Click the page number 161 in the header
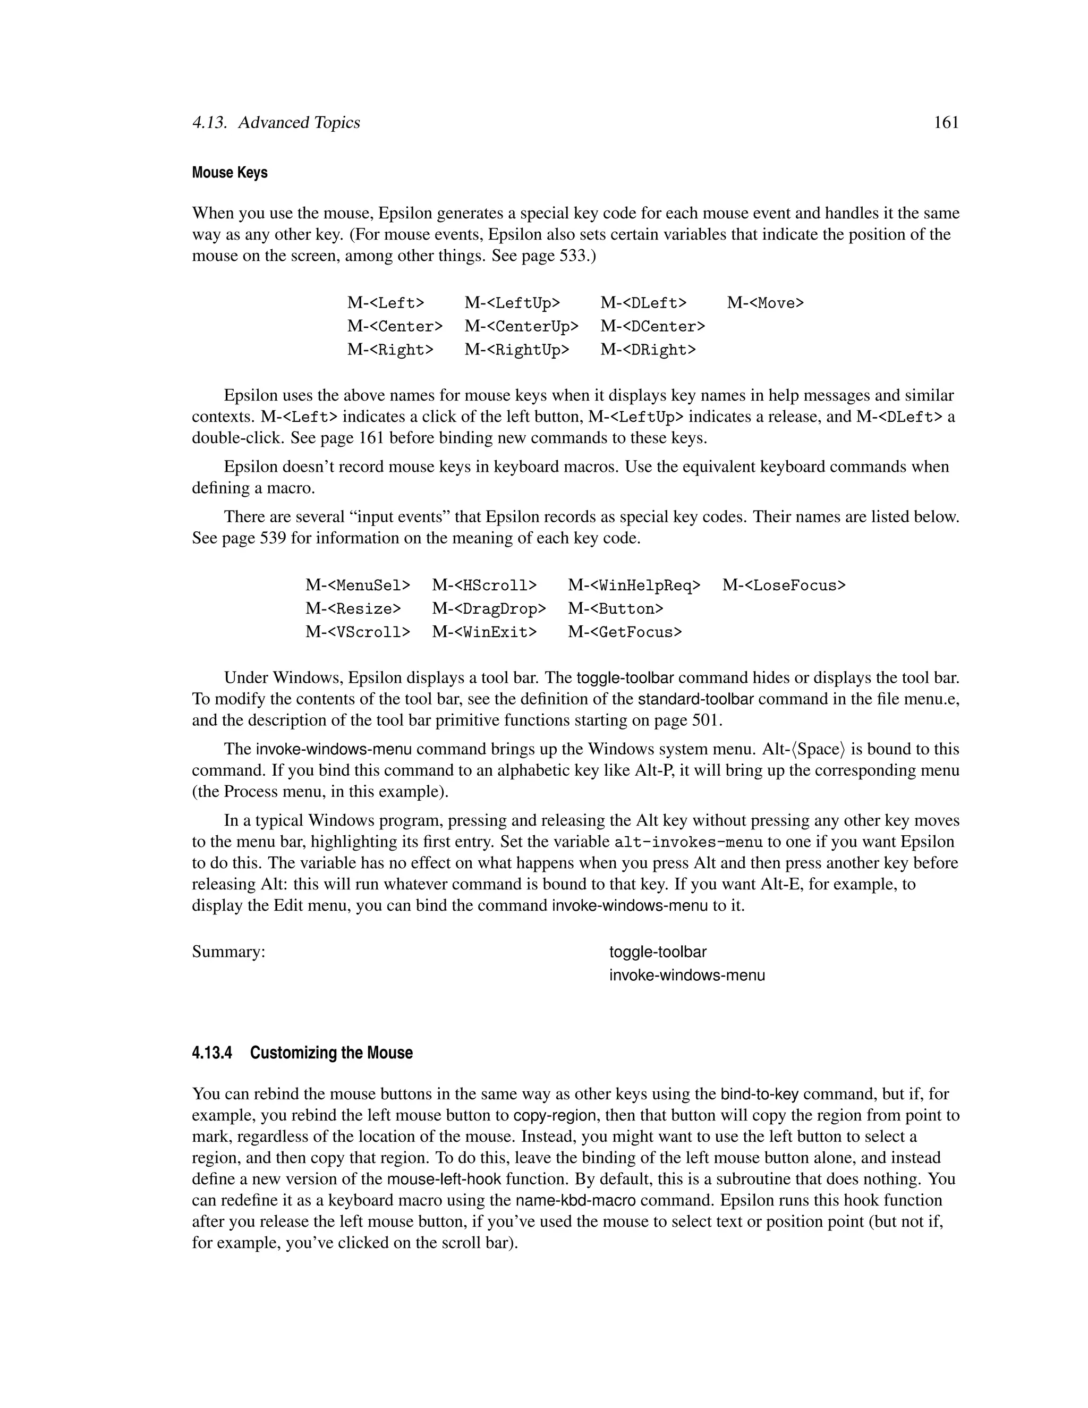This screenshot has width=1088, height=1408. click(x=946, y=123)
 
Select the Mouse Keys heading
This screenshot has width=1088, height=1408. click(x=229, y=173)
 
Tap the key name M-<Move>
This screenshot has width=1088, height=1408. click(x=765, y=303)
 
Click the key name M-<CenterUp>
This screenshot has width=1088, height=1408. click(x=521, y=326)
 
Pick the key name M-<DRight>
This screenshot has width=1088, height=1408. click(x=648, y=350)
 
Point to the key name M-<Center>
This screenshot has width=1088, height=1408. click(x=395, y=326)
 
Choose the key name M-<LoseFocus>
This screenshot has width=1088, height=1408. click(x=783, y=586)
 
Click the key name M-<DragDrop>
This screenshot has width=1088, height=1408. click(x=489, y=608)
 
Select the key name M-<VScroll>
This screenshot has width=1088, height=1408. click(x=357, y=632)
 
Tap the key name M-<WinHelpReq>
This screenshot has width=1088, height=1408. click(x=634, y=586)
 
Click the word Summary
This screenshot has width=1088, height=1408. click(x=228, y=952)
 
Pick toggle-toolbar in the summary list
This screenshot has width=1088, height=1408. click(x=658, y=952)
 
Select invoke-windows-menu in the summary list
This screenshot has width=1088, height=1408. click(x=687, y=976)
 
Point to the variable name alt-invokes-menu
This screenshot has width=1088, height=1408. click(x=688, y=842)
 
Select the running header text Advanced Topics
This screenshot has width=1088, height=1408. click(x=299, y=123)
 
